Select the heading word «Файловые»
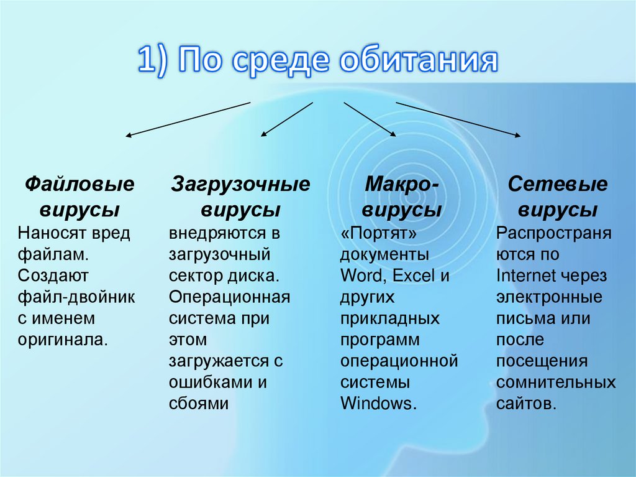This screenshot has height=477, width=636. [79, 185]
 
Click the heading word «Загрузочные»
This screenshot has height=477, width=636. [240, 185]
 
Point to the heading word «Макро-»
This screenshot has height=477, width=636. [401, 185]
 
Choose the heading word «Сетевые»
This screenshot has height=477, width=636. [557, 185]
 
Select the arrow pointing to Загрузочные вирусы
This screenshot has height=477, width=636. [286, 119]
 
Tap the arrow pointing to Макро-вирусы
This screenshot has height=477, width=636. [370, 119]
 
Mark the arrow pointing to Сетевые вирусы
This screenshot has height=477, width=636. [458, 119]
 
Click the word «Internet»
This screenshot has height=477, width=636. [525, 276]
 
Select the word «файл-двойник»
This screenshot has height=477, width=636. [76, 297]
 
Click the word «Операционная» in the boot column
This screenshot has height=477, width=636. [229, 297]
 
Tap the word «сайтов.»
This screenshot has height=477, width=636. [525, 403]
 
